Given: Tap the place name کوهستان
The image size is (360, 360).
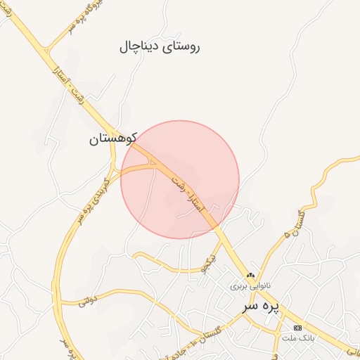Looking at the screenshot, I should [112, 139].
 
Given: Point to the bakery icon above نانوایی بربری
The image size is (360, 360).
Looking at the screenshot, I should [250, 275].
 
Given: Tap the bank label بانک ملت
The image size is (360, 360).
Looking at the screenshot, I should [297, 338].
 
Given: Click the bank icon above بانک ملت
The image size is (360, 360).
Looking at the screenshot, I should [297, 328].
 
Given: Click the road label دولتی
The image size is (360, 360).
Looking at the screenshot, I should [86, 302].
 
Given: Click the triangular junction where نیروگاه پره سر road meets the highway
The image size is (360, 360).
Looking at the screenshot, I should [46, 51].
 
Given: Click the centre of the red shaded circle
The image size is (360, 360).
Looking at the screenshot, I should [180, 179].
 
